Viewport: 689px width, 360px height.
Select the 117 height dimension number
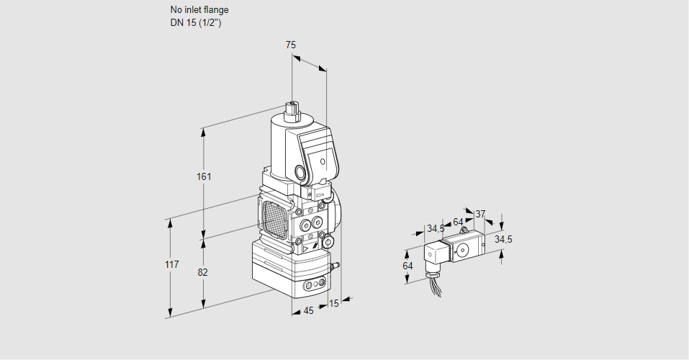pos(171,265)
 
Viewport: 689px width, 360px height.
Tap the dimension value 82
pos(203,272)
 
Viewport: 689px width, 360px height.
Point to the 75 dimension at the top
pos(290,45)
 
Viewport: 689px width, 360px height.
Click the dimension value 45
pos(308,311)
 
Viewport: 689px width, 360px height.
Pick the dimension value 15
pos(333,303)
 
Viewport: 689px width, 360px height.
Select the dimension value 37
pos(480,214)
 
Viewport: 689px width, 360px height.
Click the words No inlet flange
pos(199,10)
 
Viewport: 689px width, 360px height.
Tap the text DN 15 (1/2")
pos(195,23)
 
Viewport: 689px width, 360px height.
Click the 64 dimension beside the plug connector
pos(407,266)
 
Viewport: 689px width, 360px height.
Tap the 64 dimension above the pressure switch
pos(458,222)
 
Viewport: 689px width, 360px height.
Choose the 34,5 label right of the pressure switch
pos(503,239)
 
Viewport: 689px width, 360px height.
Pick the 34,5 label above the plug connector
pos(435,229)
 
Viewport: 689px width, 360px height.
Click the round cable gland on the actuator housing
pos(298,173)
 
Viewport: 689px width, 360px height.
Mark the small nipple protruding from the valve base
pos(333,267)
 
